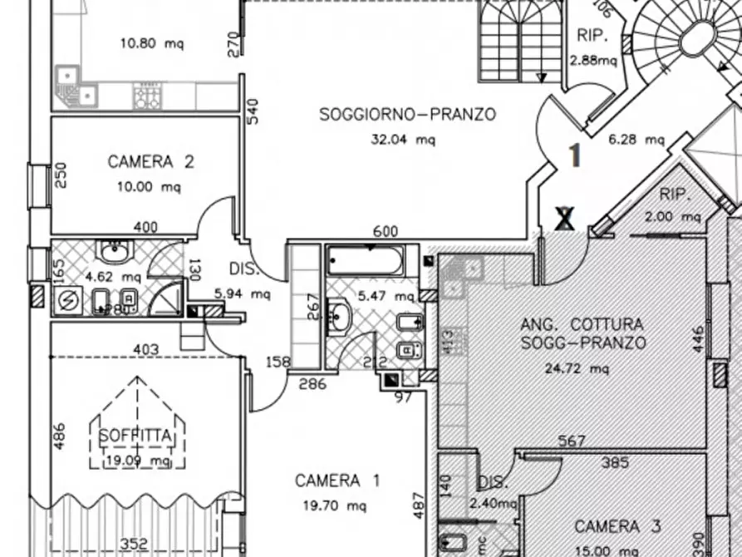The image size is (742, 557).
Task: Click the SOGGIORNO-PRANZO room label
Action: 407,115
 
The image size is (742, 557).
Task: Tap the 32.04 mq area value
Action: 402,140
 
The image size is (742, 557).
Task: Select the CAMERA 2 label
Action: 150,162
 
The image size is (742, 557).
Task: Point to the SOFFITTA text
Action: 135,436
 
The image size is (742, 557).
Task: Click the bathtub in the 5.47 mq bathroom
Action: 365,260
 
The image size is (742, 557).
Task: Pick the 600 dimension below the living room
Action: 386,232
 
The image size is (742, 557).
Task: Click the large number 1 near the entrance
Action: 573,155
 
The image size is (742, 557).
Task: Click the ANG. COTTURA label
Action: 582,324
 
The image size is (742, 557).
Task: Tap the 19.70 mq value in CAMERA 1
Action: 338,505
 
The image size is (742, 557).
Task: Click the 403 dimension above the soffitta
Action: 145,350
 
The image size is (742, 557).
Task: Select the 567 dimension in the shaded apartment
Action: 572,441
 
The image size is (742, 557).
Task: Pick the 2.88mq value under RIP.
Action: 593,60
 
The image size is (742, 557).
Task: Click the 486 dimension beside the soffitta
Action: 59,436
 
